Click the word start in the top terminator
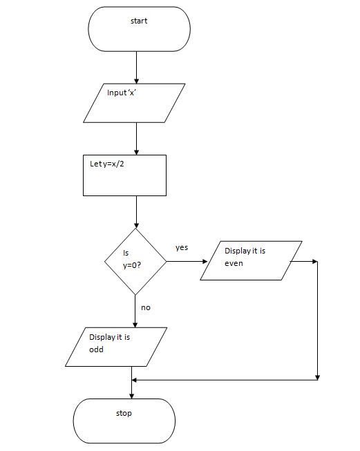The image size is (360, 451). click(x=139, y=21)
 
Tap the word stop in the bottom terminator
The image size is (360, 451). click(x=124, y=413)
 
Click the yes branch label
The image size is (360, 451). click(x=182, y=247)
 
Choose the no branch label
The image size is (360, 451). click(x=145, y=307)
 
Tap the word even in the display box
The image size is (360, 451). click(x=234, y=263)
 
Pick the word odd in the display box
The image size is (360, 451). click(x=96, y=349)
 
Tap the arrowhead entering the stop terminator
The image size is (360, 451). click(x=131, y=394)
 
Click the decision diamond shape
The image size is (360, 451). click(x=135, y=261)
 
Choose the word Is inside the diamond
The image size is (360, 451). click(x=126, y=253)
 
